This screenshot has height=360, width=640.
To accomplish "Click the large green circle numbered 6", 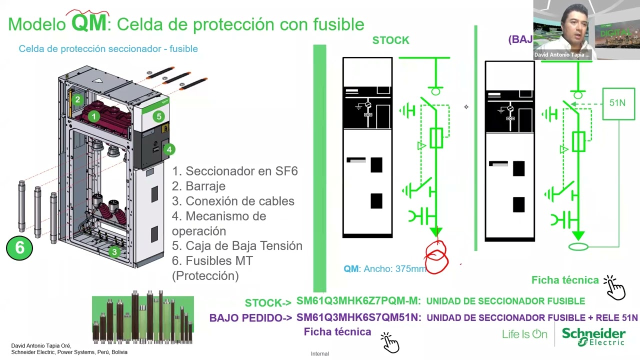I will pos(19,247).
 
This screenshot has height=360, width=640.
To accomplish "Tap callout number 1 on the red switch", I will pos(93,116).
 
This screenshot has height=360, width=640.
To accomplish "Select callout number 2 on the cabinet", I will pos(77,99).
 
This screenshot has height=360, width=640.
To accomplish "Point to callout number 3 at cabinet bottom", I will pos(114,252).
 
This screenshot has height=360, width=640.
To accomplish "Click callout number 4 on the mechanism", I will pos(169,149).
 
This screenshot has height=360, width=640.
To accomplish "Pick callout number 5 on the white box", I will pos(158,116).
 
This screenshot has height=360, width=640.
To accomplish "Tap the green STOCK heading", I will pos(390,40).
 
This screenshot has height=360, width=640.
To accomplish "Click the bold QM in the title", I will pos(89,23).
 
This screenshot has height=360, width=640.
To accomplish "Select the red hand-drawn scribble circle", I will pos(436,257).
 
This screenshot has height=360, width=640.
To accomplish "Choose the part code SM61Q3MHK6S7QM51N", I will pos(358,317).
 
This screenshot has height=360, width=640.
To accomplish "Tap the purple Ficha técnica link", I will pos(337,332).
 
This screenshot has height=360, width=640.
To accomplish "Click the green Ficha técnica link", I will pos(565,280).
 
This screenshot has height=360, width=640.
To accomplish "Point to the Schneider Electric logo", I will pos(593,336).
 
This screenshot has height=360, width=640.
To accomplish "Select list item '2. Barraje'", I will pos(198,186).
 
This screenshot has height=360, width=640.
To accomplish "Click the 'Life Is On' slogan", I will pos(524,334).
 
